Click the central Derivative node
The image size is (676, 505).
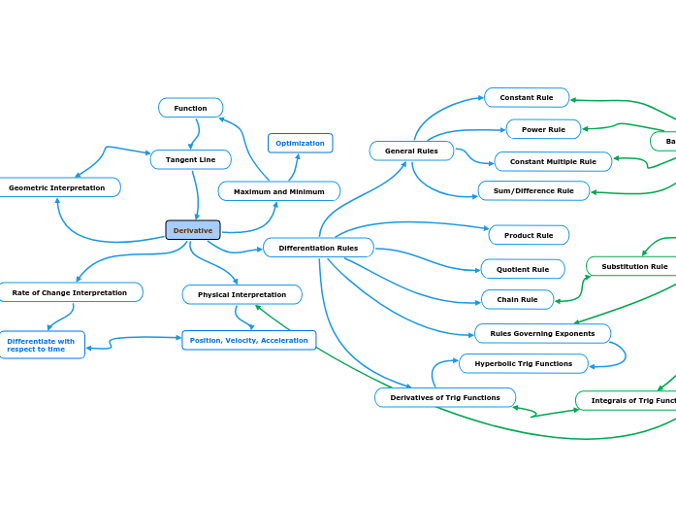(x=193, y=230)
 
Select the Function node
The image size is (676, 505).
(x=191, y=108)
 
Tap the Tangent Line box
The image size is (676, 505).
(x=191, y=159)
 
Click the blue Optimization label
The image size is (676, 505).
(x=300, y=143)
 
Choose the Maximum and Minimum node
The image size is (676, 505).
(x=279, y=191)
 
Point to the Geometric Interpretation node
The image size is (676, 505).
(x=57, y=187)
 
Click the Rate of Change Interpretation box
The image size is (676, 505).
(x=70, y=292)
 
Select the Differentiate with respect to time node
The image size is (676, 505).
(x=42, y=345)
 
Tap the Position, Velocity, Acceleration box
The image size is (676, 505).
(x=249, y=340)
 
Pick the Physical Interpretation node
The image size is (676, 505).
(x=242, y=294)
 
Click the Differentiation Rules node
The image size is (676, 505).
(x=318, y=248)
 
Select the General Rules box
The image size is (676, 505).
(x=411, y=151)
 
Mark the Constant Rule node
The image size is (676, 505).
(x=527, y=97)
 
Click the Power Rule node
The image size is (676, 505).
(x=543, y=129)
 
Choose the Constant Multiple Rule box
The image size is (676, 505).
(x=553, y=161)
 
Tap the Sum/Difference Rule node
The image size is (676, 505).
(x=533, y=190)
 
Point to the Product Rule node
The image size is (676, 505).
(x=529, y=235)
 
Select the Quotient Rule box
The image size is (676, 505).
(x=523, y=269)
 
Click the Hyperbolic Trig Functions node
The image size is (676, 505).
(x=524, y=363)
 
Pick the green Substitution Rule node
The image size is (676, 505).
(x=634, y=266)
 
